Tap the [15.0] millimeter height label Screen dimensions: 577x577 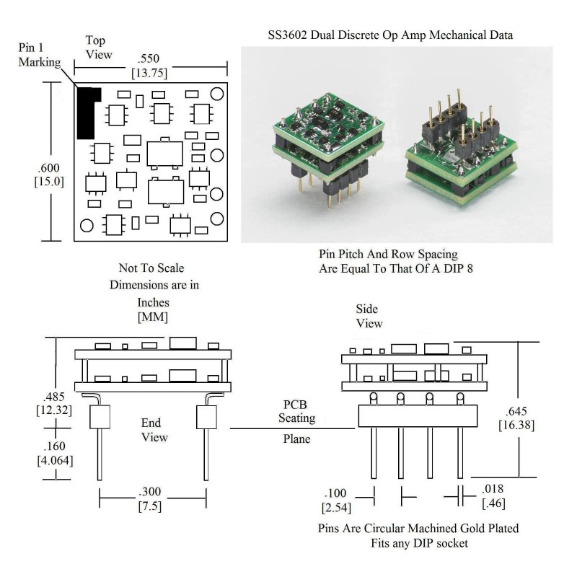pyautogui.click(x=50, y=182)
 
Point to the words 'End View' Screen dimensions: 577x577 pyautogui.click(x=154, y=431)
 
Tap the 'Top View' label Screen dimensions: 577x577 pyautogui.click(x=100, y=47)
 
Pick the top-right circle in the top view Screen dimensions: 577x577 pyautogui.click(x=216, y=94)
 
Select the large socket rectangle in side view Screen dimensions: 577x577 pyautogui.click(x=419, y=416)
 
